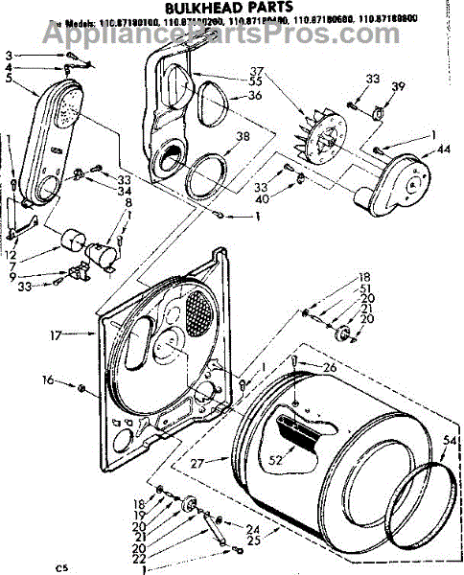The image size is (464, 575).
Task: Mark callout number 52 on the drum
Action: [x=275, y=460]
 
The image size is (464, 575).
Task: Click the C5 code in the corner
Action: [x=61, y=567]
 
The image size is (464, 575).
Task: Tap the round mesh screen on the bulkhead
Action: [x=197, y=311]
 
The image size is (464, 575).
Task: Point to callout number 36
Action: [x=255, y=95]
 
